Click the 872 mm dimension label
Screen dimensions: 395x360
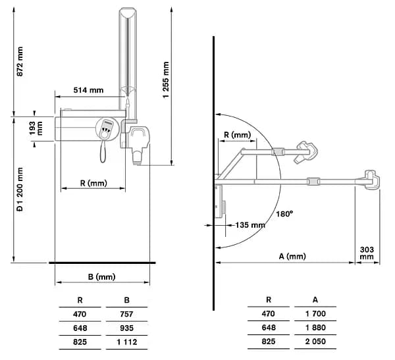click(x=20, y=61)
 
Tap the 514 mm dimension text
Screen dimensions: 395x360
click(x=88, y=90)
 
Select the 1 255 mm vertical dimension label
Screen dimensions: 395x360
click(x=166, y=80)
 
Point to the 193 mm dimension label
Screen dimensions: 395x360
click(x=36, y=128)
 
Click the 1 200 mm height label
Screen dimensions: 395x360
click(x=20, y=190)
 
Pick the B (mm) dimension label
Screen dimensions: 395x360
click(x=102, y=277)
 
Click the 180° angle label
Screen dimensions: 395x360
click(x=284, y=214)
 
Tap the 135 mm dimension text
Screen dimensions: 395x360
click(x=250, y=225)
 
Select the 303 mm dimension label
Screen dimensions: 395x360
click(x=367, y=253)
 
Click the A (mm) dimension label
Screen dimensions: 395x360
click(x=292, y=256)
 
